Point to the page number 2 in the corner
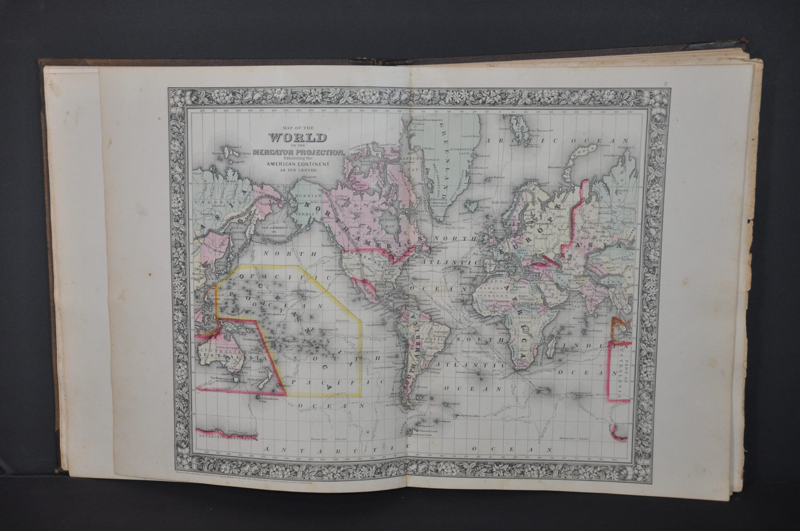pos(666,84)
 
